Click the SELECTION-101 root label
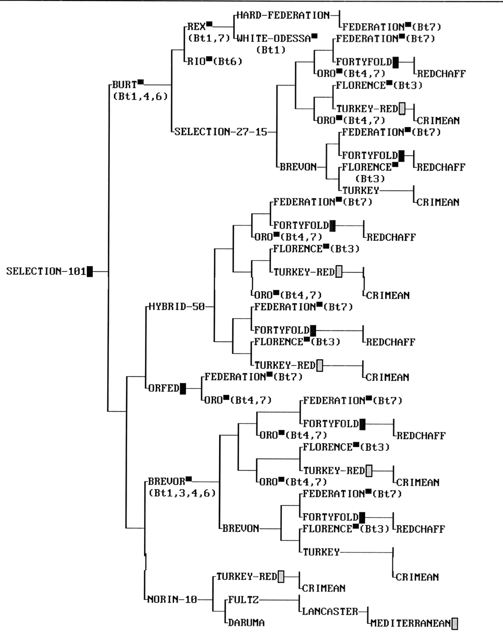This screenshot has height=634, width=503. click(x=46, y=271)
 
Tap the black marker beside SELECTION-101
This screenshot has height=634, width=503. click(x=90, y=271)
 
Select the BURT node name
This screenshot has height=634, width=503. click(x=125, y=85)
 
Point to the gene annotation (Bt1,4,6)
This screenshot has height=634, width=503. click(x=140, y=96)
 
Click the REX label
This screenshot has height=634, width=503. click(x=196, y=27)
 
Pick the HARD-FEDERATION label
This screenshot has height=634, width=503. click(x=283, y=15)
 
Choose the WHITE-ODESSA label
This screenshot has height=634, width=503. click(x=274, y=38)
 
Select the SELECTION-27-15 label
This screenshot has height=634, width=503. click(x=221, y=132)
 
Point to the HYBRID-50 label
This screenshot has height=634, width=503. click(x=177, y=307)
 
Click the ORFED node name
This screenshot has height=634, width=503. click(x=164, y=388)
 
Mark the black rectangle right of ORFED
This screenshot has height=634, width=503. click(x=183, y=388)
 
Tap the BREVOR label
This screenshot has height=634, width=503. click(x=166, y=481)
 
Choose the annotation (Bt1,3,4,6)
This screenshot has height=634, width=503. click(x=182, y=493)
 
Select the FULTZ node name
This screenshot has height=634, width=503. click(x=244, y=599)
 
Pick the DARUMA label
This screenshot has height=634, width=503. click(x=246, y=622)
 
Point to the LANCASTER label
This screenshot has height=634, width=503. click(x=330, y=611)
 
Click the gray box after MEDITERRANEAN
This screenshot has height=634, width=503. click(x=455, y=623)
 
